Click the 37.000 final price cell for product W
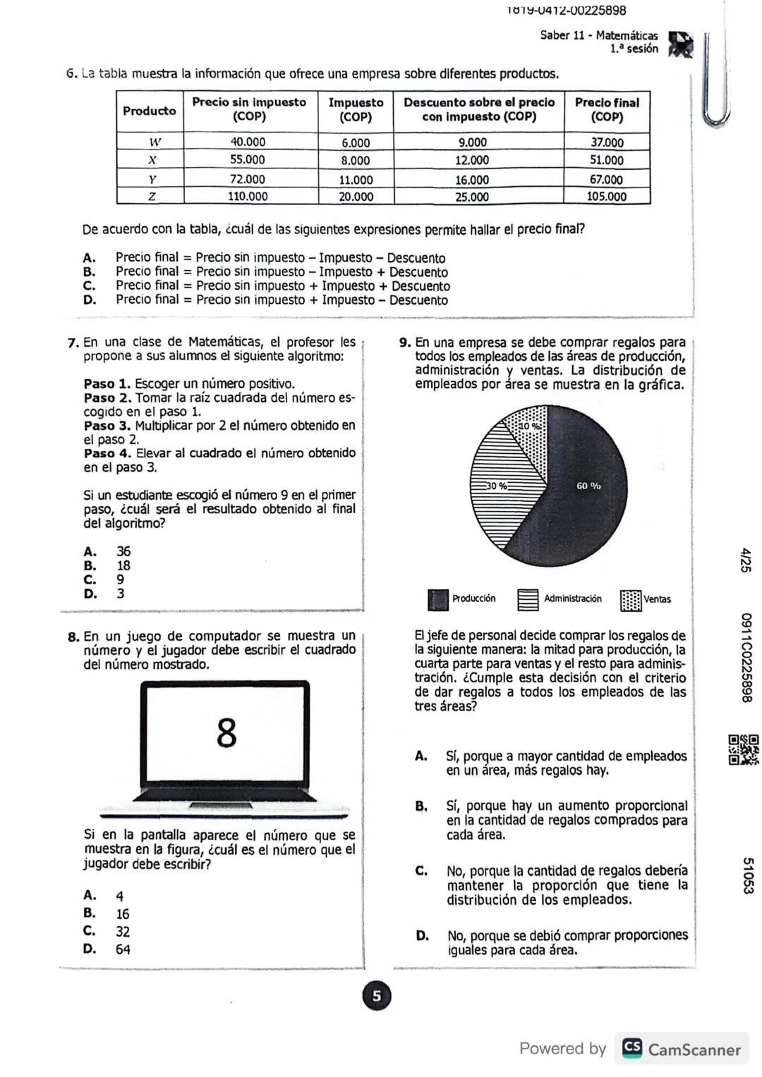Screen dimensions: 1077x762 [607, 142]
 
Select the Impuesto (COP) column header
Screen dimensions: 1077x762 [356, 110]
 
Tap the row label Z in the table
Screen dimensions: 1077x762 [150, 197]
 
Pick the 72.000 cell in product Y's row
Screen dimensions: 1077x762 [248, 179]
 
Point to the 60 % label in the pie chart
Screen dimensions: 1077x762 [588, 486]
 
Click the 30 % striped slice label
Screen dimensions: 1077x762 [496, 486]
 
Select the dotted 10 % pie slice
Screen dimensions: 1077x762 [528, 431]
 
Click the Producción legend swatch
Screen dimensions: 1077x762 [437, 599]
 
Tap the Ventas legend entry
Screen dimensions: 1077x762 [646, 599]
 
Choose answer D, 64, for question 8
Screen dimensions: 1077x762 [123, 949]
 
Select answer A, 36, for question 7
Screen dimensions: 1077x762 [123, 551]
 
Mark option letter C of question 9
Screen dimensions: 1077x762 [421, 871]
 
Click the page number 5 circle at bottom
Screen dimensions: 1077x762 [376, 996]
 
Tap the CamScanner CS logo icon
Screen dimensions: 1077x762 [631, 1049]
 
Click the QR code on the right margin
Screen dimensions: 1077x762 [744, 749]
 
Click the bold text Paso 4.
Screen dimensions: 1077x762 [107, 453]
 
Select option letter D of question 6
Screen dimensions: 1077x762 [89, 300]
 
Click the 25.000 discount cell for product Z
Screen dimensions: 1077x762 [471, 197]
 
